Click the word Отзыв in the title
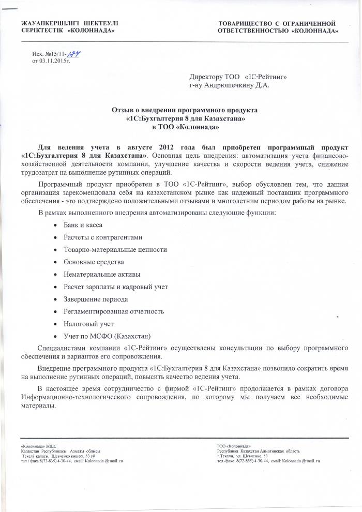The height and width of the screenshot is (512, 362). [x=125, y=110]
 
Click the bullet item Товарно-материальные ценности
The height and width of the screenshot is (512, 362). [x=115, y=249]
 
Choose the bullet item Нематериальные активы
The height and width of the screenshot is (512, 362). [x=102, y=274]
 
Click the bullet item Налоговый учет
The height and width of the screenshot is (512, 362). [x=88, y=324]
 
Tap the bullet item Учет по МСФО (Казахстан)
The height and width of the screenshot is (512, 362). [x=103, y=336]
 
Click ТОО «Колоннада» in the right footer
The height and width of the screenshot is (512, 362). [x=234, y=445]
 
